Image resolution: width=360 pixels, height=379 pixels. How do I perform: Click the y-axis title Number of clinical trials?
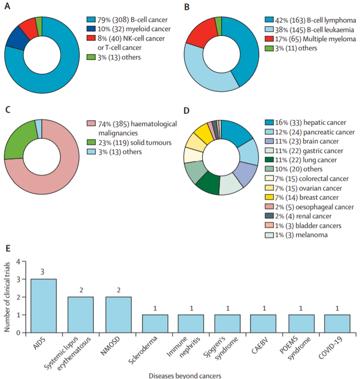click(8, 297)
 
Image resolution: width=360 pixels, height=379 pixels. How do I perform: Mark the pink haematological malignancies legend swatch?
click(91, 123)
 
